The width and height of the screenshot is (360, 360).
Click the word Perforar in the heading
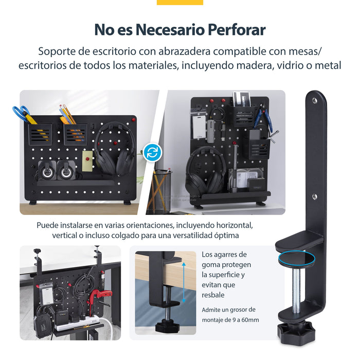tap(236, 30)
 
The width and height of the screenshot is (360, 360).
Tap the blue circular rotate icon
tap(152, 153)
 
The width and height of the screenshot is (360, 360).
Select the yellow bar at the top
tap(179, 2)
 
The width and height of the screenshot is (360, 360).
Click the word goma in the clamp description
tap(211, 264)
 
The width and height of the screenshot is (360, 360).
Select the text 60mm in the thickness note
tap(249, 320)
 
